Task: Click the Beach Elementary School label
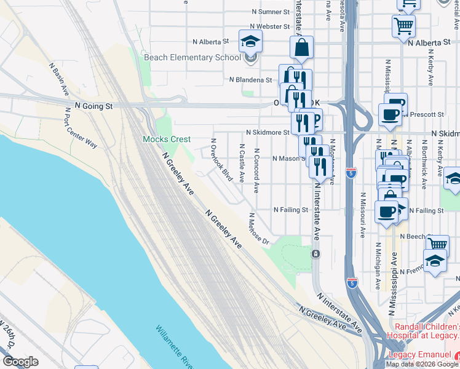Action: tap(192, 58)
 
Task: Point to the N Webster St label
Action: tap(269, 26)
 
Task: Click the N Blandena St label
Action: tap(250, 80)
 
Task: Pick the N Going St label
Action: tap(94, 106)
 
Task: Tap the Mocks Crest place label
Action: tap(167, 140)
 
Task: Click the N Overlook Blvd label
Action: tap(221, 160)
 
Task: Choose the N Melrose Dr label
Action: tap(259, 229)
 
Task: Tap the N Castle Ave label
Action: tap(242, 165)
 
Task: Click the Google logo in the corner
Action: tap(20, 362)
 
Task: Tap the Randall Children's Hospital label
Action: tap(423, 331)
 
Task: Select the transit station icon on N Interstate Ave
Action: tap(315, 253)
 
